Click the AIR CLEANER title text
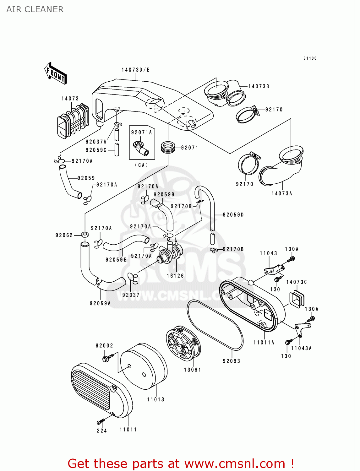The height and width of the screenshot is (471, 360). click(35, 9)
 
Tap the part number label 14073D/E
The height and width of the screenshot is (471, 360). click(135, 70)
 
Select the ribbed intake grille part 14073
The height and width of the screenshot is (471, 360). click(73, 121)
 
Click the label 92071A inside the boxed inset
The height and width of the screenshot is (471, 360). click(141, 133)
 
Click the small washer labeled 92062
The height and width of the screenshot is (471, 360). click(85, 234)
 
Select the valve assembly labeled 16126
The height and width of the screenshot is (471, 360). click(171, 252)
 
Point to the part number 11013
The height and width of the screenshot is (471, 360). click(155, 399)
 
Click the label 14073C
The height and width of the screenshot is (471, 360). click(296, 282)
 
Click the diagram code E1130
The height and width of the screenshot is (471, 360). click(310, 58)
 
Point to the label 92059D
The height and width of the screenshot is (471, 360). click(233, 215)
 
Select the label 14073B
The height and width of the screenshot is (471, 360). click(259, 86)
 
